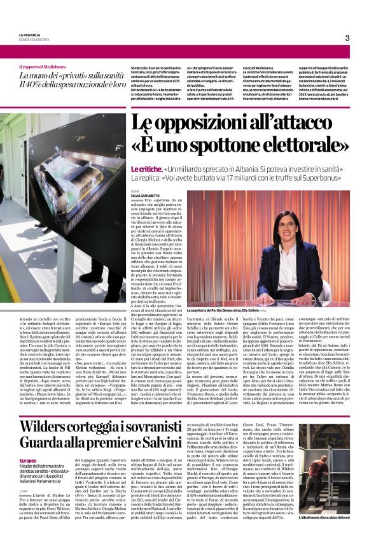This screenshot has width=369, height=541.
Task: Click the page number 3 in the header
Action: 347,38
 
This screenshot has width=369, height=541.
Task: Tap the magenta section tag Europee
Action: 28,460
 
